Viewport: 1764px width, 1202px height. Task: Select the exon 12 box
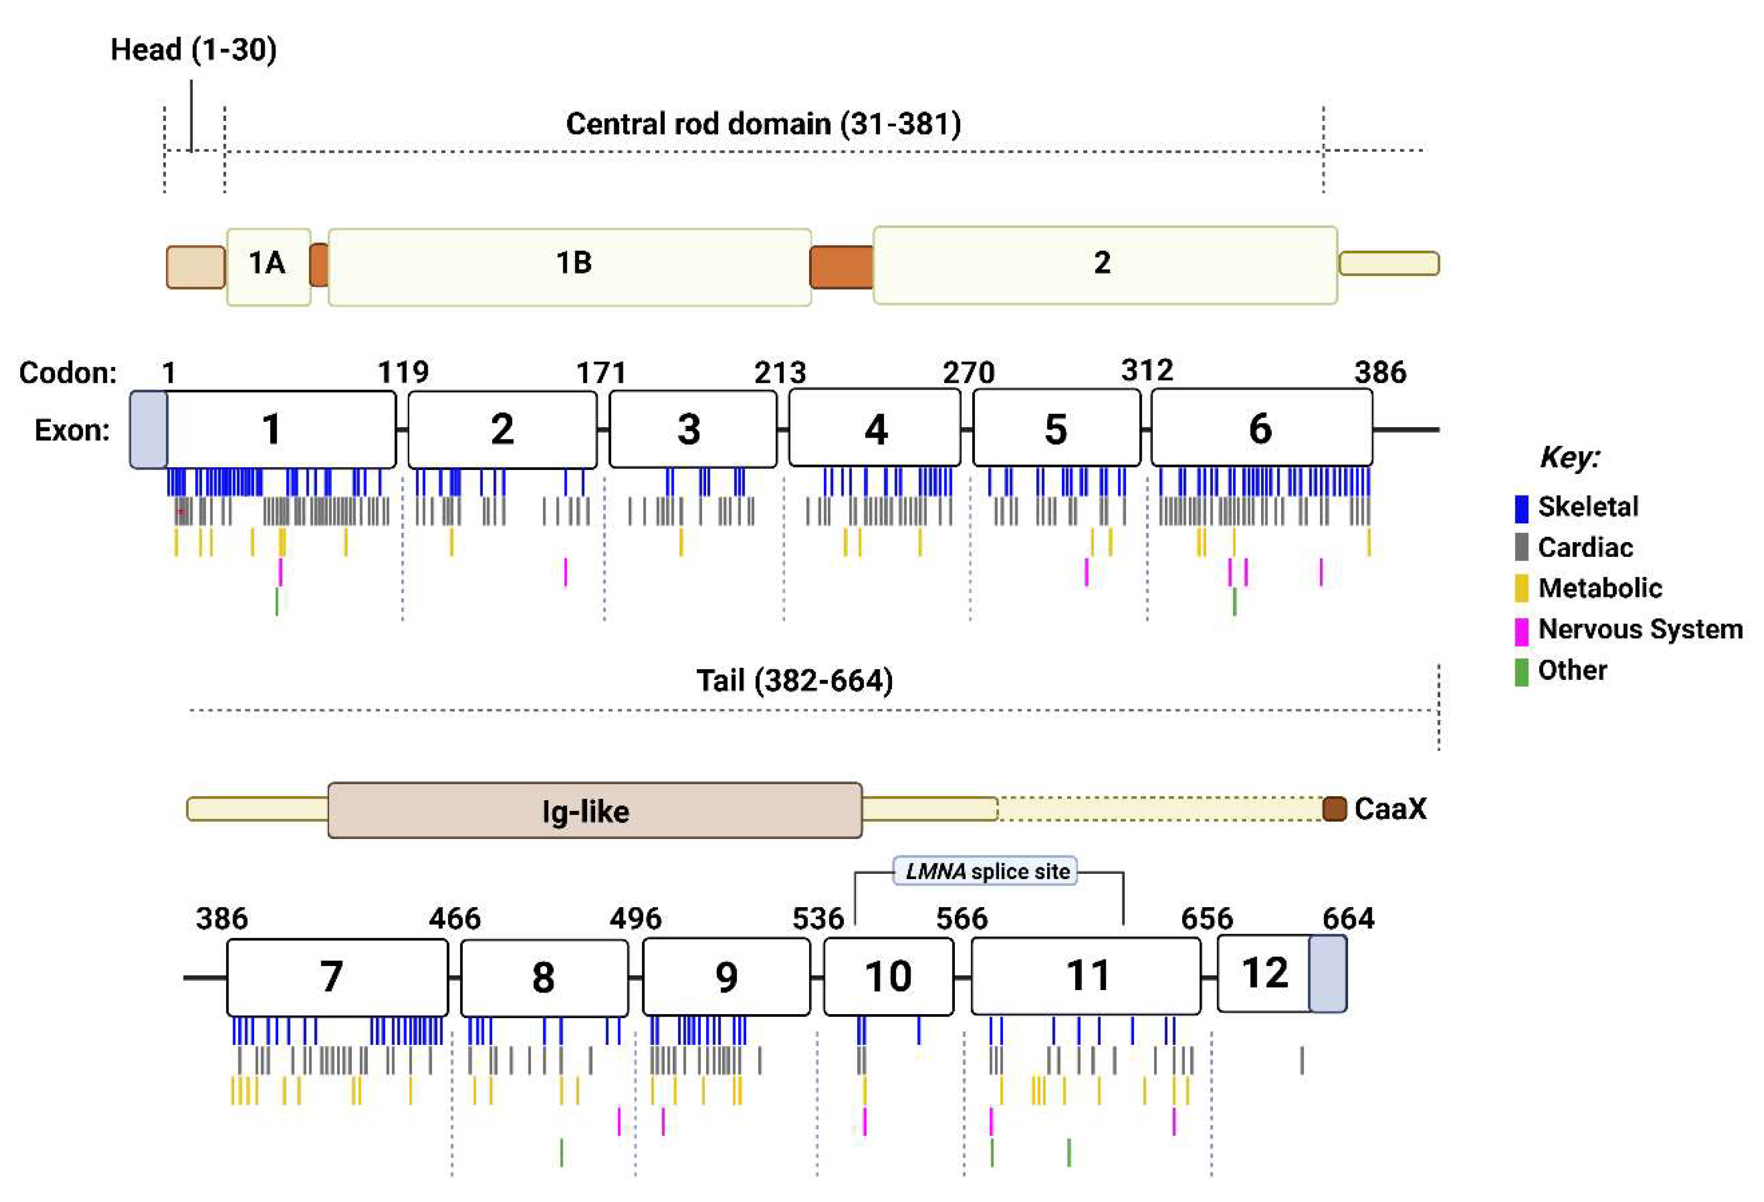(x=1264, y=973)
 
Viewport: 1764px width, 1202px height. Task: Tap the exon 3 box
(x=692, y=429)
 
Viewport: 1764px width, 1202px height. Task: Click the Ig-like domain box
(x=594, y=810)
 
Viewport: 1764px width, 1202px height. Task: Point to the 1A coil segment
(x=269, y=266)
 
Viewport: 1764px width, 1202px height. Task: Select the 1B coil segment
(x=569, y=266)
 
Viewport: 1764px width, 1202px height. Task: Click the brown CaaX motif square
(x=1334, y=809)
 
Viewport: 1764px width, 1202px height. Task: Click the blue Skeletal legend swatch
(x=1521, y=508)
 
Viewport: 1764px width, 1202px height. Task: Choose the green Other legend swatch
(x=1521, y=672)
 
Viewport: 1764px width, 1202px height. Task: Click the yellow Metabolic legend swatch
(x=1521, y=589)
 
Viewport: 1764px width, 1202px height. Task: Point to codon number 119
(x=403, y=372)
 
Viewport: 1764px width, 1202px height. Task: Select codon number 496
(x=635, y=919)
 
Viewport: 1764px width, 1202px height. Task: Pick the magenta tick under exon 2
(x=565, y=572)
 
